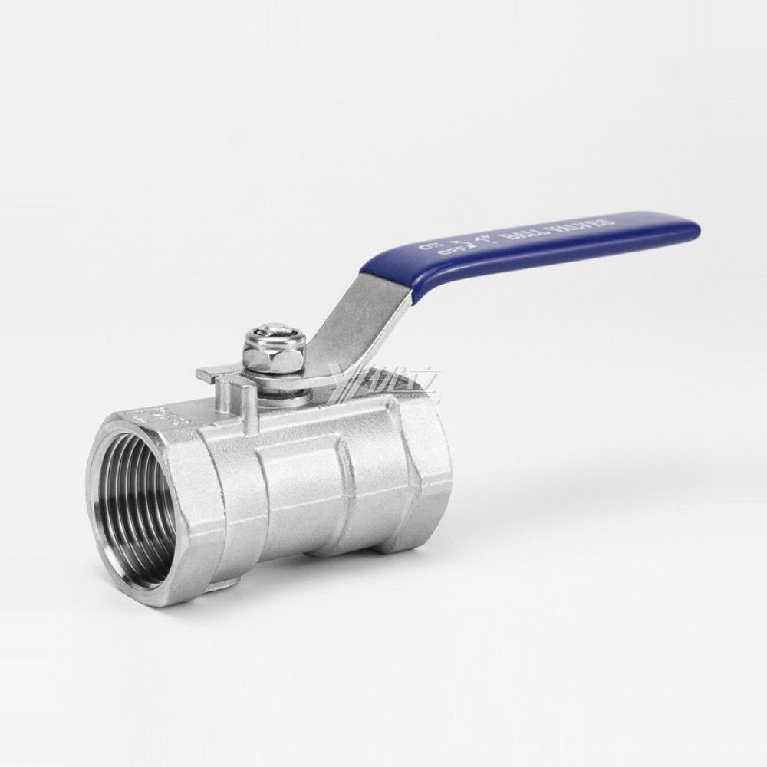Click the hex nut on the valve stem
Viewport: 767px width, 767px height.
[273, 354]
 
